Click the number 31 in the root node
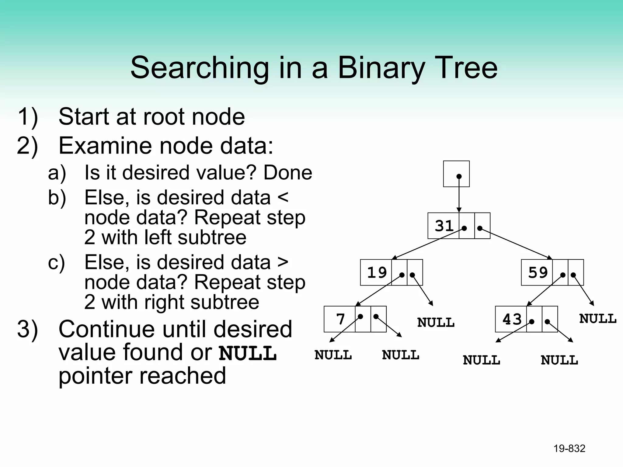click(x=444, y=226)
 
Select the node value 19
click(x=377, y=272)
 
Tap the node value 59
click(x=538, y=272)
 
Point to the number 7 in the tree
click(x=340, y=319)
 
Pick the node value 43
click(x=512, y=319)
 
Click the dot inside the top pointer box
click(x=459, y=176)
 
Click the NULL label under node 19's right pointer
click(x=436, y=323)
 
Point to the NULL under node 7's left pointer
click(x=333, y=355)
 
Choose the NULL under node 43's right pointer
click(x=559, y=360)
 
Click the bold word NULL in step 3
click(x=248, y=353)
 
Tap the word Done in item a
click(x=287, y=173)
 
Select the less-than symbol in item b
click(x=283, y=198)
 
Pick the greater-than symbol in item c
click(x=283, y=262)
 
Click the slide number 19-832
click(x=569, y=448)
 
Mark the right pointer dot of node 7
click(x=376, y=317)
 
